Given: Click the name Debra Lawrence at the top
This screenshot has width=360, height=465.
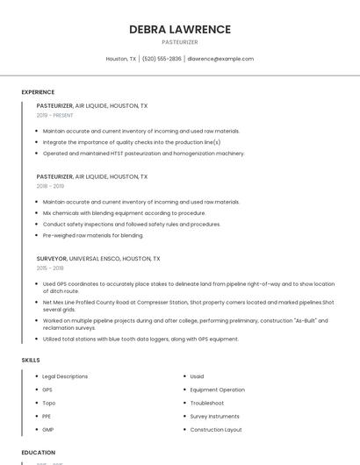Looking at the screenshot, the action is pos(180,29).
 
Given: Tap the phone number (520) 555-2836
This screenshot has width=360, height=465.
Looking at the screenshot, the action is pos(162,59).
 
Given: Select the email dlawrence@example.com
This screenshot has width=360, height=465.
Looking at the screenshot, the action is pos(220,59).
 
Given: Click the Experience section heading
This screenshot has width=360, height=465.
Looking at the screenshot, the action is pos(38,92).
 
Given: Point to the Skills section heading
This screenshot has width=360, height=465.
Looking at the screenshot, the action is pos(31,360).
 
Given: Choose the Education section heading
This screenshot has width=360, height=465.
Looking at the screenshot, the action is pos(38,453).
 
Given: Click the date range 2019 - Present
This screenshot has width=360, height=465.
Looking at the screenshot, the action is pos(54,115).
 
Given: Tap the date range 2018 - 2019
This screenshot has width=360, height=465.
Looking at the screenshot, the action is pos(50,186).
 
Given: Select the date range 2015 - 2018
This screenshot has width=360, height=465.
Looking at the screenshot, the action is pos(50,268).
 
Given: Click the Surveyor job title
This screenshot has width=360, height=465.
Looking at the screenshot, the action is pos(52,259).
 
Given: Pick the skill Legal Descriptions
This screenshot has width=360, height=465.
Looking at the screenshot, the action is pos(65,376).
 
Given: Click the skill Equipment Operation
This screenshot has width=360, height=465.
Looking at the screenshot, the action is pos(217,390).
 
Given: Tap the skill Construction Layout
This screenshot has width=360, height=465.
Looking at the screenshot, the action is pos(216,430).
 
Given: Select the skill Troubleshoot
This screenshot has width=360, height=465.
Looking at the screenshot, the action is pos(208,403).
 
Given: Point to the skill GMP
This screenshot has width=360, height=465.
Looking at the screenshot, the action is pos(48,430).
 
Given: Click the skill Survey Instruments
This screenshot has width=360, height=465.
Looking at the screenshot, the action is pos(214,416).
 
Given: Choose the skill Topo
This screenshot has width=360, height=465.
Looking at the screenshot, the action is pos(48,403).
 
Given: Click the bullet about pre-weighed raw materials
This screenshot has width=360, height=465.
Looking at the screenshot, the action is pos(93,235).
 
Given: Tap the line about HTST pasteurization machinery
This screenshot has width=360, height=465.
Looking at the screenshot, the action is pos(144,154).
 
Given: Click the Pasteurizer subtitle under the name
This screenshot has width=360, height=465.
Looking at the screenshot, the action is pos(180,42).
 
